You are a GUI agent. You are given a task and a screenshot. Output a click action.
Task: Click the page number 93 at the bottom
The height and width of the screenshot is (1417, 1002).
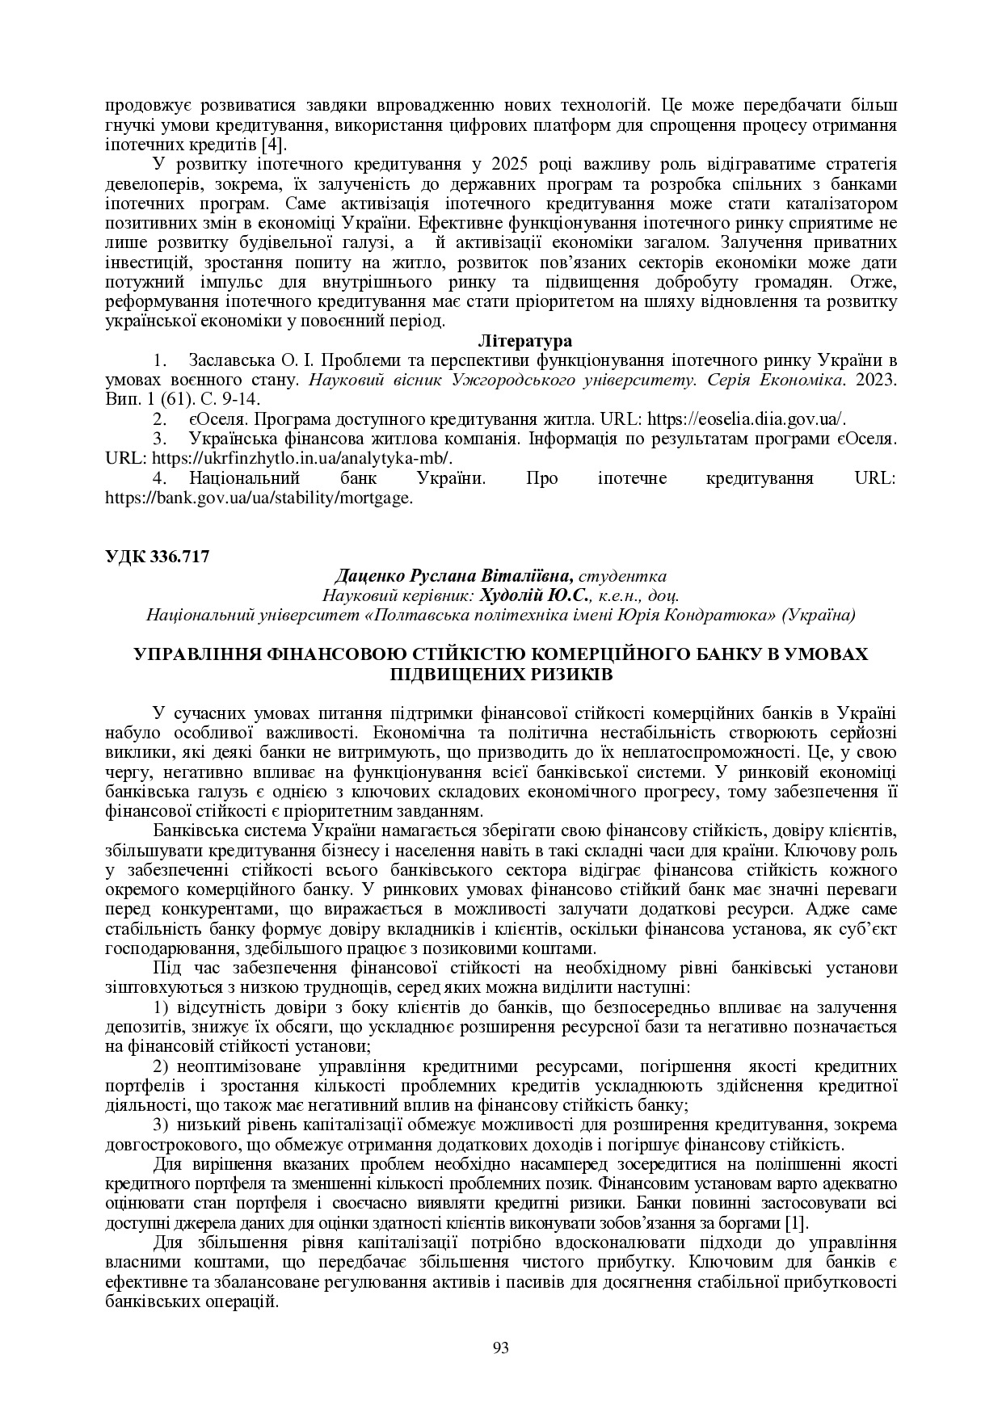pos(500,1348)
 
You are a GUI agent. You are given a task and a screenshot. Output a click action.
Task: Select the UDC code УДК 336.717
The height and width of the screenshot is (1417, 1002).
pos(158,557)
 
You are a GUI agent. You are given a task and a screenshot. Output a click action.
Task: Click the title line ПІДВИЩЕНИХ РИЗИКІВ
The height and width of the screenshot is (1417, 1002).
pos(500,673)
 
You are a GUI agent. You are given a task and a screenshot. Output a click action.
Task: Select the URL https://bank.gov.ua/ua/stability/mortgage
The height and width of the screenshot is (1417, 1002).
pos(259,498)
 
